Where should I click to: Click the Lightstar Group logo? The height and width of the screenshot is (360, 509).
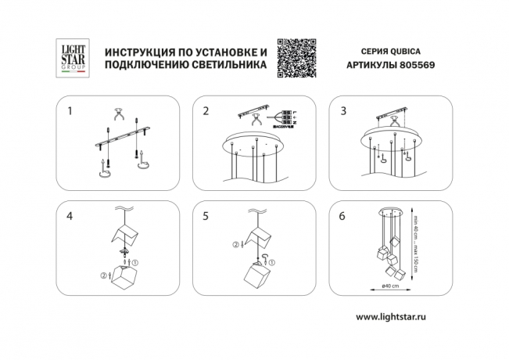tap(72, 57)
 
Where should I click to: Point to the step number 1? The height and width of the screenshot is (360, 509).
tap(70, 111)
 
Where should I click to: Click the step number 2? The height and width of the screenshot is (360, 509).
tap(206, 111)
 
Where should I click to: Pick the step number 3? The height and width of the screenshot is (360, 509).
tap(342, 111)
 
